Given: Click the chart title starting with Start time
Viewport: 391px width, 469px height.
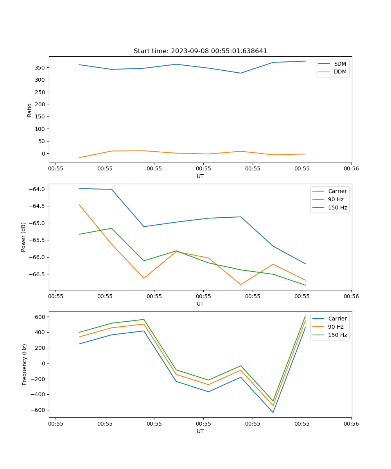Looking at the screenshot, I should pos(200,51).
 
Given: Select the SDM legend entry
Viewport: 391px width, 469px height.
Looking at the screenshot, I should pos(340,64).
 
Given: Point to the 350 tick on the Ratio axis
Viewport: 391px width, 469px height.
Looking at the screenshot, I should pos(40,68).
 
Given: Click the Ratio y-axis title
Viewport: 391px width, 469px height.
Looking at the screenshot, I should pos(30,110).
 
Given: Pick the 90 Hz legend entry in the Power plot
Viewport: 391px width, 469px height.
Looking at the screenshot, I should pos(335,199).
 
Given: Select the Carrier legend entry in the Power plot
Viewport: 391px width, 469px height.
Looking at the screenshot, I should pos(337,191).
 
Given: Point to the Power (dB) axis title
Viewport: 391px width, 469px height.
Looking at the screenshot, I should pos(23,237).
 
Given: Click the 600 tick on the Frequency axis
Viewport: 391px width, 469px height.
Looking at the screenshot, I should pos(40,317).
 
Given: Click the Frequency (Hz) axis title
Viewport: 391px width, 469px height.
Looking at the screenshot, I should pos(24,364).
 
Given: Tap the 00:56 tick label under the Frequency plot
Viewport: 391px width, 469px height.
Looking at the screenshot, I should pos(351,424).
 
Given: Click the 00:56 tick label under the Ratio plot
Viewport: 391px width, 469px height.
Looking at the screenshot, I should pos(351,169).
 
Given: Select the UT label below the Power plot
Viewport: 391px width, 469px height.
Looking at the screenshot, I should pos(200,304).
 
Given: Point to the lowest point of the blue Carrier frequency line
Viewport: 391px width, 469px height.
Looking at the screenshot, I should pos(273,412).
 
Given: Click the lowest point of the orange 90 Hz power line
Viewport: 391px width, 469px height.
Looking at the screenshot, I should pos(240,285).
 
